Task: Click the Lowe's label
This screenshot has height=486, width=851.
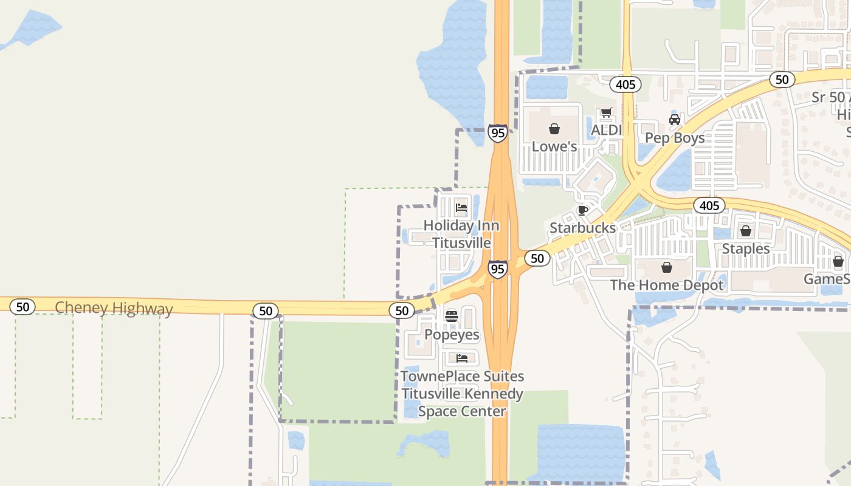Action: point(554,146)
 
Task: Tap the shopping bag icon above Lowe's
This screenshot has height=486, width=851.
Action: point(554,129)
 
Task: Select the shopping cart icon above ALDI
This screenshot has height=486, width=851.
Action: point(606,113)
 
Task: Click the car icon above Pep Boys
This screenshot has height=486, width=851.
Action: point(674,120)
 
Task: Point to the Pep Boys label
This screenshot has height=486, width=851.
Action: point(675,138)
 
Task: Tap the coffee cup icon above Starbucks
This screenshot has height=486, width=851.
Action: point(582,210)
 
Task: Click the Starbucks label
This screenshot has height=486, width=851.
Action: point(582,228)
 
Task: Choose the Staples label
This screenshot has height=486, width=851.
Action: point(745,249)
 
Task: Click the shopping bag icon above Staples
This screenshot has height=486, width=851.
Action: point(745,231)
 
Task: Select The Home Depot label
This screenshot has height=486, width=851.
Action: point(667,285)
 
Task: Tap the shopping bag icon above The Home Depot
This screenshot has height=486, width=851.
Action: point(667,267)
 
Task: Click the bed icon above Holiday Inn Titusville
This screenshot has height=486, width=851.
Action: point(461,208)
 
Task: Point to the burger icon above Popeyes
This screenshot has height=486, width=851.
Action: point(451,316)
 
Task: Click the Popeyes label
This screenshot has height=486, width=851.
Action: point(452,335)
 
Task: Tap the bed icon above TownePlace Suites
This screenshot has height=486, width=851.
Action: point(462,358)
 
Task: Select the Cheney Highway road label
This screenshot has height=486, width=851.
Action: point(114,309)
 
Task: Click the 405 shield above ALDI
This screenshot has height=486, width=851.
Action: point(625,84)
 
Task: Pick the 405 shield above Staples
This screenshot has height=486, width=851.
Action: point(709,205)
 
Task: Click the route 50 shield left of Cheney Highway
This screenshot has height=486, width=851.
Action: point(22,307)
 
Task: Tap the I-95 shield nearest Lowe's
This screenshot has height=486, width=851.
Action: point(497,133)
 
